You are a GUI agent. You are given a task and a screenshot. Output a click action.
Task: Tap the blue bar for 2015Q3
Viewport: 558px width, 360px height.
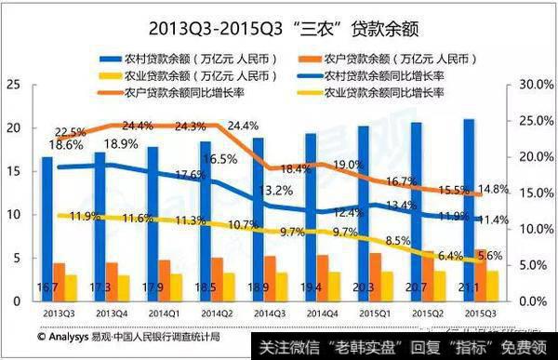[x=469, y=205]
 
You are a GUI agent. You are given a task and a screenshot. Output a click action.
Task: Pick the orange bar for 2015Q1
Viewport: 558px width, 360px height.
[x=376, y=276]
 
